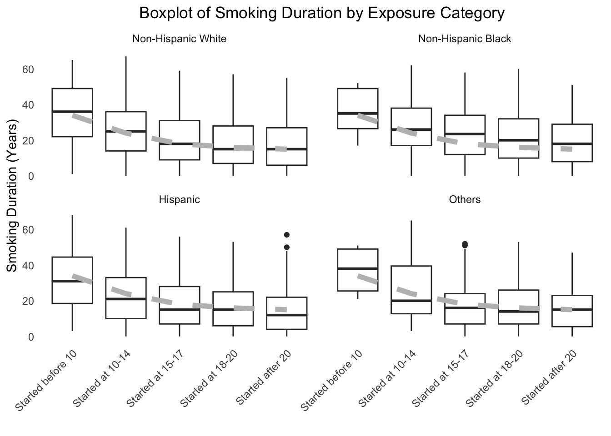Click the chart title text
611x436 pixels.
321,13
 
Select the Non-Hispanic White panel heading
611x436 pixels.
179,39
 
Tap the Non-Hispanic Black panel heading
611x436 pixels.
464,39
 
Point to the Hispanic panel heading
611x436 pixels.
179,199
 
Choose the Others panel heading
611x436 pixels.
464,199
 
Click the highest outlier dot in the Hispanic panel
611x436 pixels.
287,235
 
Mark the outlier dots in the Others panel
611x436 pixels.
465,245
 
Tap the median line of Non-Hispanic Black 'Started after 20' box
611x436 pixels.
572,144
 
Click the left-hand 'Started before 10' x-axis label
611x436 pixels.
46,381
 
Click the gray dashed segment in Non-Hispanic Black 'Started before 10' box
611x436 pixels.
367,118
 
